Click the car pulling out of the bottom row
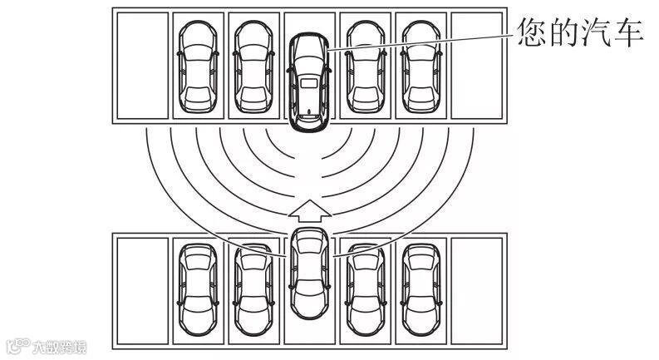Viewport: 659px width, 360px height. coord(308,270)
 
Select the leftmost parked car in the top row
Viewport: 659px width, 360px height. coord(197,67)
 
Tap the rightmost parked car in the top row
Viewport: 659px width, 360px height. coord(420,67)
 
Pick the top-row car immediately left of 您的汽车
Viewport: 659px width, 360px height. coord(253,67)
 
